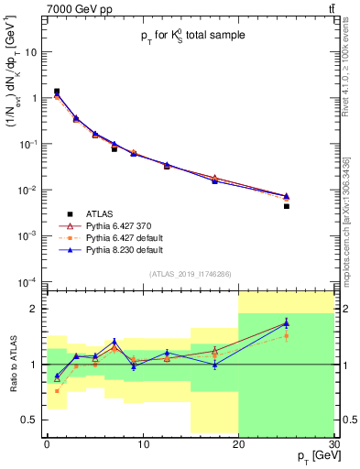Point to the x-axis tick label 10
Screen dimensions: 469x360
click(142, 443)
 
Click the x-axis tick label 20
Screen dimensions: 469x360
click(237, 443)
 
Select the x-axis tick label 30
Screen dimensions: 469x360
click(333, 443)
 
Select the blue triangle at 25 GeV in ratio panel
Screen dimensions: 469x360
click(286, 322)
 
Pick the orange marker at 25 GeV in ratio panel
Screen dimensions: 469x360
click(286, 336)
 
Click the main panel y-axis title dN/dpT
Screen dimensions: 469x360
click(13, 110)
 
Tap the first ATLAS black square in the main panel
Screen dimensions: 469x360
click(57, 92)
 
